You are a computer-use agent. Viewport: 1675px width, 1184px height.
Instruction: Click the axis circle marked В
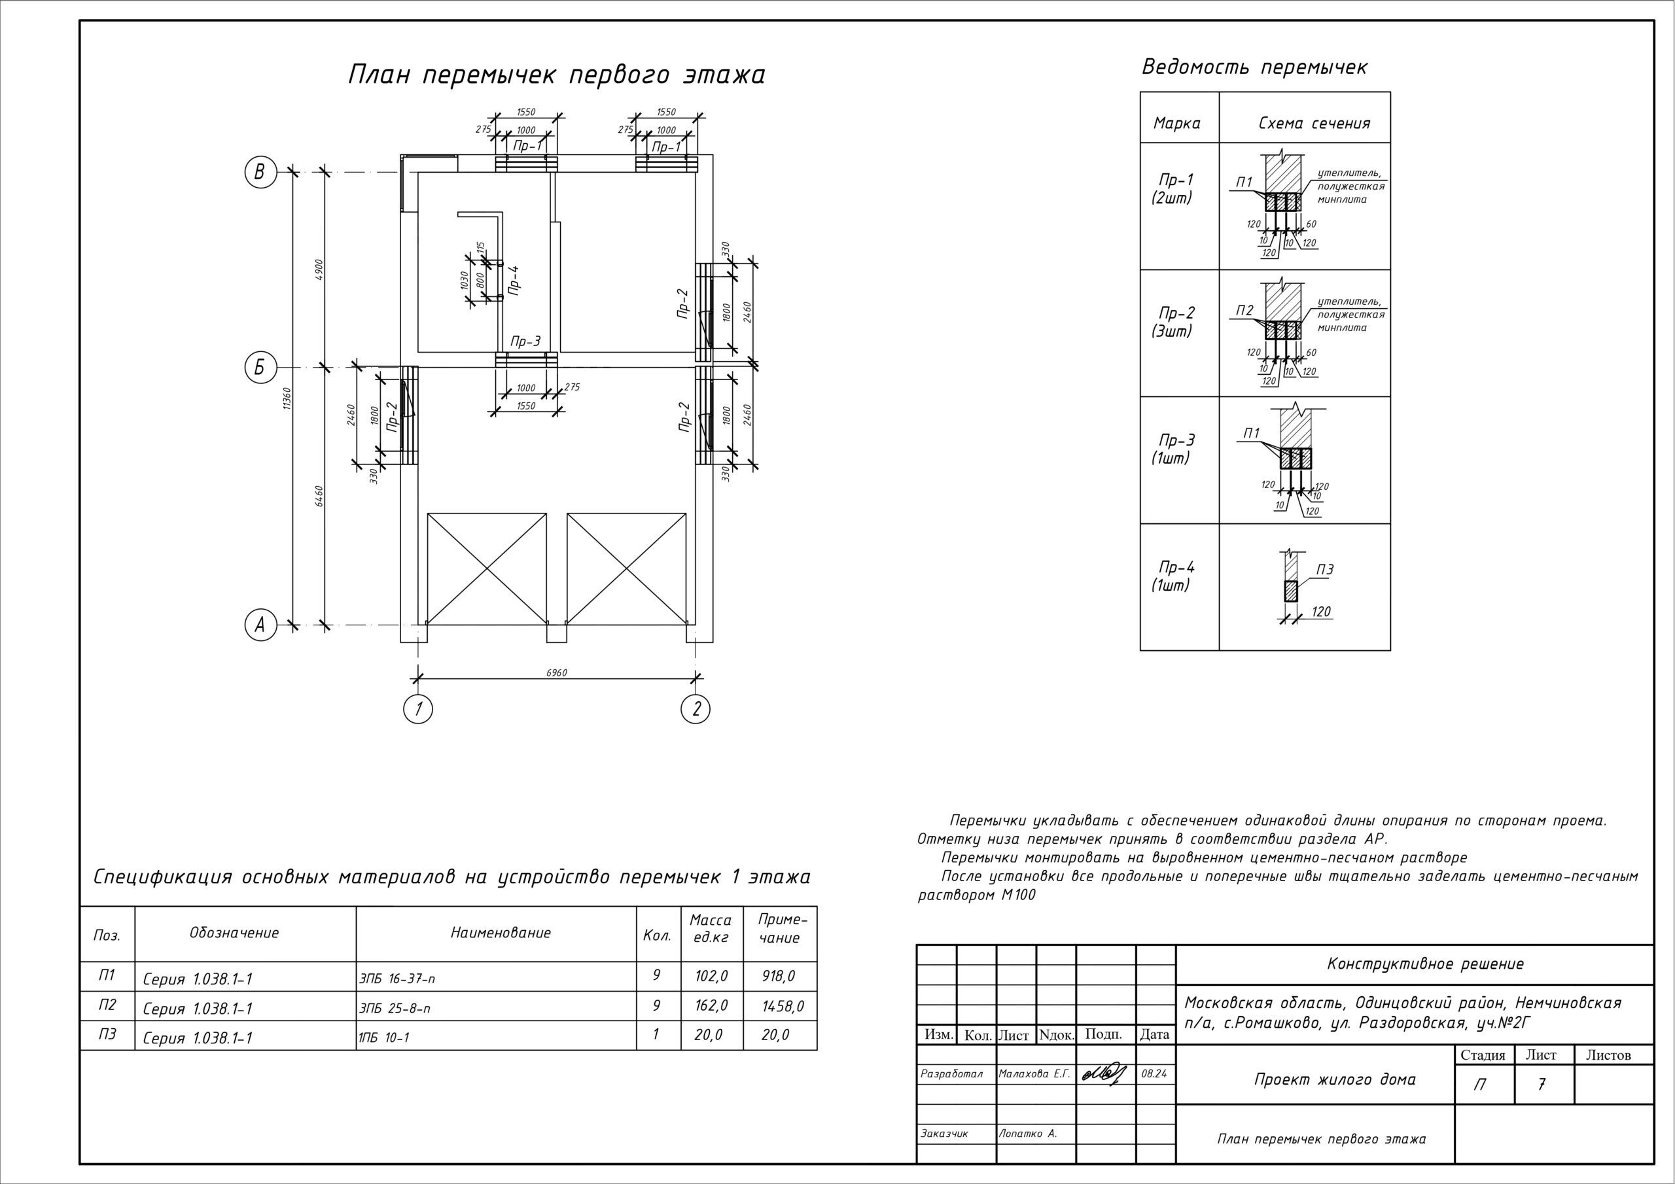pos(260,173)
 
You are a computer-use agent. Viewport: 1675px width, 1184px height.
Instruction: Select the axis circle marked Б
pos(260,368)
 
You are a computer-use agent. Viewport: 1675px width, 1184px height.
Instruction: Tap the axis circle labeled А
pos(260,625)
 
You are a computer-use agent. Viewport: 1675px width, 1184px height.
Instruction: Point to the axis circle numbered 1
pos(418,708)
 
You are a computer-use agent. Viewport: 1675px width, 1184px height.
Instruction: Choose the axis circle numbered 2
pos(696,708)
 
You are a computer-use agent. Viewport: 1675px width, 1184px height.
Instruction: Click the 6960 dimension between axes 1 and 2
pos(556,672)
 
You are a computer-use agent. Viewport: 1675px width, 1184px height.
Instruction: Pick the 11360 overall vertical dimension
pos(287,398)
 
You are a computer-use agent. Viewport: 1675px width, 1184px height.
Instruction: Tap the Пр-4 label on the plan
pos(514,279)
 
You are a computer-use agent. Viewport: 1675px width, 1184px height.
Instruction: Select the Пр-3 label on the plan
pos(525,341)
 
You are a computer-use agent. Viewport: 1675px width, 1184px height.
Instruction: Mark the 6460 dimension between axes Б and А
pos(319,496)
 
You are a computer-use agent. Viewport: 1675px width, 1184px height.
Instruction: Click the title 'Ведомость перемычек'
pos(1254,68)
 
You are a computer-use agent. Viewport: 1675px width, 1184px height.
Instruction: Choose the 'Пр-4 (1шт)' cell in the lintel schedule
pos(1176,576)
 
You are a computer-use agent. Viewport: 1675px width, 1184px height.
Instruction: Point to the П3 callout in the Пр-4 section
pos(1325,570)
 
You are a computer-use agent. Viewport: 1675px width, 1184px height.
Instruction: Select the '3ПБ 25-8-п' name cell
pos(395,1008)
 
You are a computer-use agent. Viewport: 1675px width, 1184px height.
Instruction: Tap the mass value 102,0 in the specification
pos(711,976)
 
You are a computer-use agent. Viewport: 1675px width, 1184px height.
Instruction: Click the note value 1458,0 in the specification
pos(783,1007)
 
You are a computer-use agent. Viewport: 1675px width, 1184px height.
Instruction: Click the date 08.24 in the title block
pos(1154,1075)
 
